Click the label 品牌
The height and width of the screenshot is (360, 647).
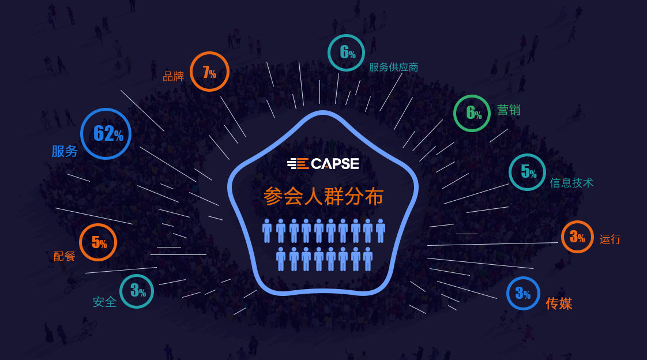click(x=174, y=76)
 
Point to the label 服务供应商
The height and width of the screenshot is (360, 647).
click(x=393, y=67)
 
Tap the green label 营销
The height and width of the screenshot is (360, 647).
click(x=509, y=110)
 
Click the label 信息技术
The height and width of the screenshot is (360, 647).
click(x=571, y=182)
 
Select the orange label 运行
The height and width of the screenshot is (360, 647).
click(x=610, y=239)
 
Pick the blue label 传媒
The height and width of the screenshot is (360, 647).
click(x=559, y=303)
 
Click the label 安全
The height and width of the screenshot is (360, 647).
click(x=104, y=302)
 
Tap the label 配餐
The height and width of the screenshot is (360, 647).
click(x=64, y=256)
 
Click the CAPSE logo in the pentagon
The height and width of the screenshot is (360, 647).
click(x=323, y=163)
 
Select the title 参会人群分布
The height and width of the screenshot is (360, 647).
click(x=323, y=197)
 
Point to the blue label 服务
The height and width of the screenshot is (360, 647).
click(x=65, y=151)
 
